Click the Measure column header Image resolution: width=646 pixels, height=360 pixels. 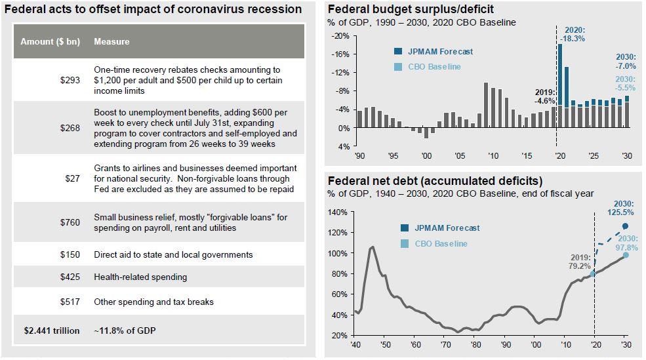(x=111, y=41)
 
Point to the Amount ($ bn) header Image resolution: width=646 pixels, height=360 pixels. (x=50, y=41)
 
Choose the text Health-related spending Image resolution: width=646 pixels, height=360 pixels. (x=140, y=277)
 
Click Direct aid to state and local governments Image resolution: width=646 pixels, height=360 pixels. (x=173, y=254)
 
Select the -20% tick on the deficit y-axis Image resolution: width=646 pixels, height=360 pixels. (x=344, y=36)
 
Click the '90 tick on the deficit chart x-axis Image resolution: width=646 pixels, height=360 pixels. (x=359, y=156)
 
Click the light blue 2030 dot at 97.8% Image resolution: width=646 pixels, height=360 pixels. (x=625, y=254)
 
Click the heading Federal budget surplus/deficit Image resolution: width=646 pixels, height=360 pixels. (x=411, y=9)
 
